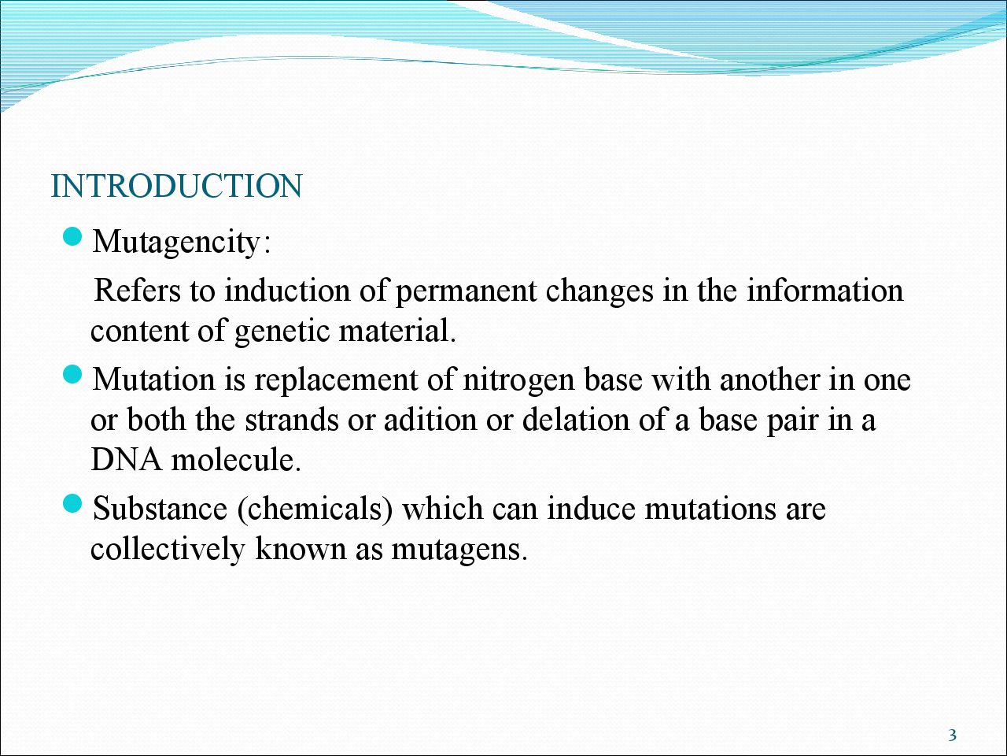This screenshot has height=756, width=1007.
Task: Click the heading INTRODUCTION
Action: [177, 186]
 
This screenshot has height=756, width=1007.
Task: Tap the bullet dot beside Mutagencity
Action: [72, 237]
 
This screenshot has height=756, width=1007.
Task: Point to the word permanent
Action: [466, 292]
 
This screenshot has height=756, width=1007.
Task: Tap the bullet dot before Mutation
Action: [72, 375]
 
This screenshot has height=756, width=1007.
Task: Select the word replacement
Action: [336, 381]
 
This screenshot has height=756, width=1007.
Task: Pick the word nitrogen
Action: [519, 382]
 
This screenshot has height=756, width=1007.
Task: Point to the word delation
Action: [576, 420]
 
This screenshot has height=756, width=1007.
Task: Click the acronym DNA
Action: [127, 459]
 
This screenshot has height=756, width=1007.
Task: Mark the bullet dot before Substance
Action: [72, 504]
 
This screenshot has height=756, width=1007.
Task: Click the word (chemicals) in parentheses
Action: [315, 509]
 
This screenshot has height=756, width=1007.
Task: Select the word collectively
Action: [168, 549]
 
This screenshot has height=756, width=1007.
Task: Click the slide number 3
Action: [952, 736]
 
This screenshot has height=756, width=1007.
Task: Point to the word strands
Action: [291, 420]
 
